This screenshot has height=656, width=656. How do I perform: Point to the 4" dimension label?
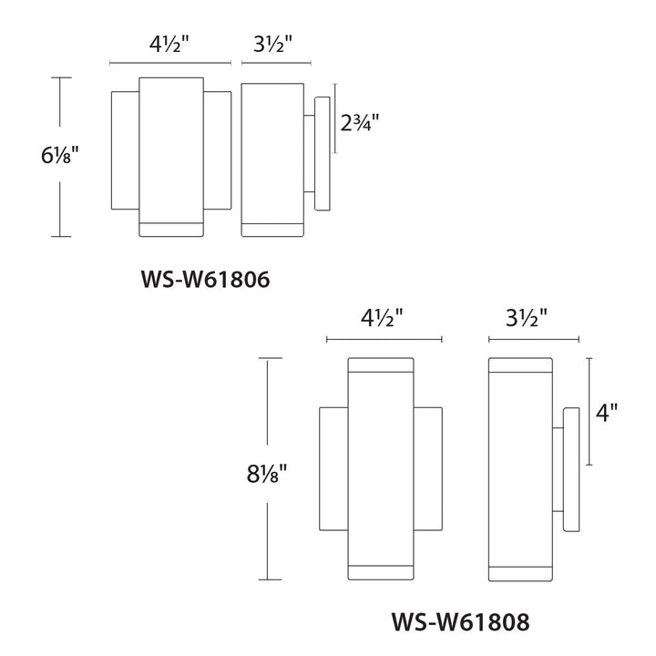[x=606, y=412]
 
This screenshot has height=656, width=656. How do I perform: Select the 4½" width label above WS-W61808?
[x=384, y=318]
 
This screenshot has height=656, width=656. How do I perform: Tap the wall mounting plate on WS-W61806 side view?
[x=322, y=152]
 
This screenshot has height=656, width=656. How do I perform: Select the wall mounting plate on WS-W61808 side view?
[x=570, y=469]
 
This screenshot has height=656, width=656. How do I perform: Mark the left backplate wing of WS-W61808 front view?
[x=333, y=469]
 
